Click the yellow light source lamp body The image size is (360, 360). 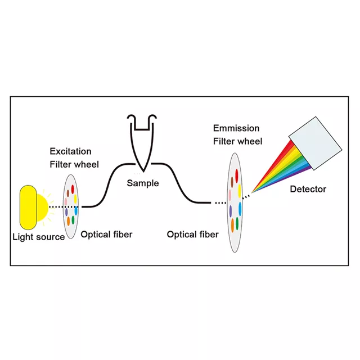click(x=28, y=208)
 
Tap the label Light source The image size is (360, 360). click(x=39, y=237)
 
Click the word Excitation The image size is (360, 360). click(x=70, y=151)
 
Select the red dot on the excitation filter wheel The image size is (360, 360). click(x=73, y=190)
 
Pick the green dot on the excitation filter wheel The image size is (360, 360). click(x=73, y=220)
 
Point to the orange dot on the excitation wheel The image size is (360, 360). click(x=68, y=221)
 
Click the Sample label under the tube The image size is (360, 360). click(x=143, y=183)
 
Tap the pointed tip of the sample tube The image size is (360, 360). click(x=143, y=172)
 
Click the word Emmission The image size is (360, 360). click(x=236, y=128)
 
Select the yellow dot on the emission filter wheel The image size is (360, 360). click(x=240, y=191)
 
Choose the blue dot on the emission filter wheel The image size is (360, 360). click(x=240, y=209)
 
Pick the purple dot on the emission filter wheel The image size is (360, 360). click(x=230, y=211)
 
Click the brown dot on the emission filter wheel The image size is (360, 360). click(x=232, y=182)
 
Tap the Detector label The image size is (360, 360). click(x=308, y=189)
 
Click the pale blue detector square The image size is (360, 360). click(x=316, y=143)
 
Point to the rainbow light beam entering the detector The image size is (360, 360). click(x=282, y=168)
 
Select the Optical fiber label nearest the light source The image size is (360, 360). click(x=106, y=235)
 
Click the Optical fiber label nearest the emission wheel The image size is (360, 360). click(x=192, y=235)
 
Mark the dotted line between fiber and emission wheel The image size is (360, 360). click(x=220, y=203)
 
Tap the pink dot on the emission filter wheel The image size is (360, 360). click(x=230, y=195)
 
